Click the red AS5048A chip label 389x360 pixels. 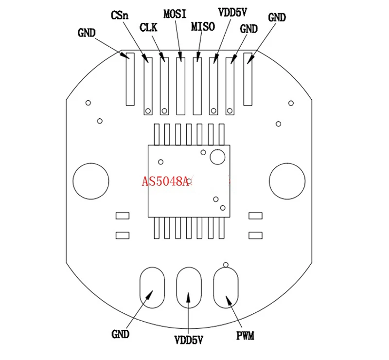[x=165, y=182]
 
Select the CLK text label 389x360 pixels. [x=148, y=27]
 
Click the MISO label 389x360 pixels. [x=203, y=26]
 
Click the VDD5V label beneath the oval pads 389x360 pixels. [x=188, y=340]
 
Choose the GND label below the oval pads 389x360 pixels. [x=120, y=334]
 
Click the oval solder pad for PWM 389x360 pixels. [x=226, y=288]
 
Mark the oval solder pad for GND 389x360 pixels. [x=152, y=288]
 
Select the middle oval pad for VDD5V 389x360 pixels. [x=189, y=288]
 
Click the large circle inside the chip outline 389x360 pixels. [x=217, y=157]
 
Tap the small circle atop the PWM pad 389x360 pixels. [x=225, y=265]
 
